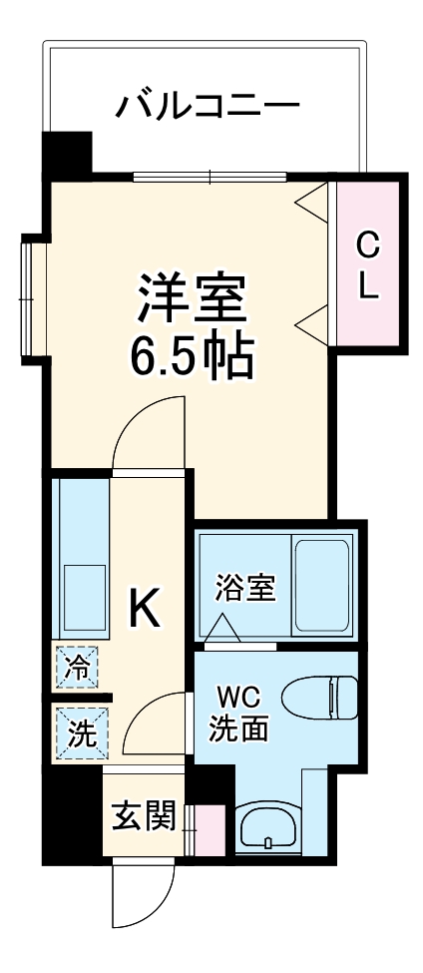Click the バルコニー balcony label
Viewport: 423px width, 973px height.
point(208,105)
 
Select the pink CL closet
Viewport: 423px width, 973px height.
point(368,263)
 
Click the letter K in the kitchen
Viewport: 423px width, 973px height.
point(146,606)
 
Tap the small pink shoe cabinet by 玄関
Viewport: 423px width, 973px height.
point(210,827)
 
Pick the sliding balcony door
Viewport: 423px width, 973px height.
point(211,178)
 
